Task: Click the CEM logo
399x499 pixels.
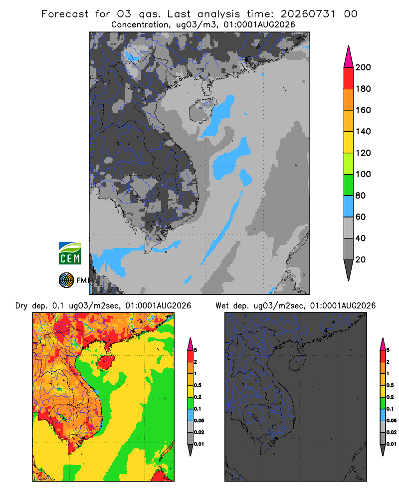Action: (70, 253)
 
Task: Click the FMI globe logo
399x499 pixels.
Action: (66, 280)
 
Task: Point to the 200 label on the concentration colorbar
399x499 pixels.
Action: (363, 67)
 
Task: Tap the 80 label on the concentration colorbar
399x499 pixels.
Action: (360, 196)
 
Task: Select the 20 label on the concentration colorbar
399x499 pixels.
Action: (360, 259)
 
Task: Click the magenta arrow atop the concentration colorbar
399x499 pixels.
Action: (349, 57)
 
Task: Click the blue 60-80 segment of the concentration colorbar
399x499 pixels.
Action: (349, 206)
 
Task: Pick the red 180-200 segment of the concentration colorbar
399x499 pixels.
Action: (349, 78)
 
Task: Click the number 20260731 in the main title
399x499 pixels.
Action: (308, 14)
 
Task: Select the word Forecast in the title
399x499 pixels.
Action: (65, 14)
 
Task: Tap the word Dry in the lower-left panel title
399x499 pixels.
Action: (21, 306)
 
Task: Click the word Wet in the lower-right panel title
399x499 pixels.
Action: (222, 306)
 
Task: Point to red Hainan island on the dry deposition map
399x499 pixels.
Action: (106, 363)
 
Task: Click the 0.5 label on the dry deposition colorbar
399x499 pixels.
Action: (198, 385)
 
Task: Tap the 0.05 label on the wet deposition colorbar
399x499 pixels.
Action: (392, 420)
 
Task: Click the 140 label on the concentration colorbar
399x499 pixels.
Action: (363, 131)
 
